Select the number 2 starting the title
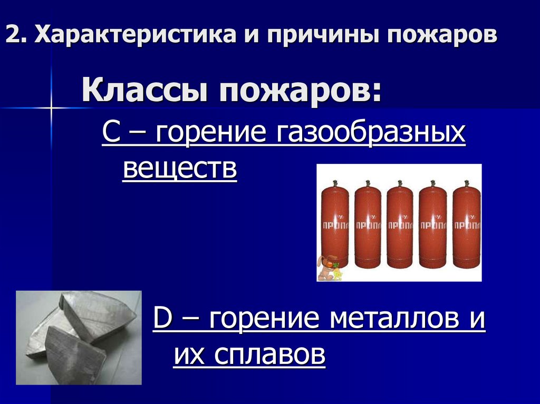point(13,36)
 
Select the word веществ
point(179,169)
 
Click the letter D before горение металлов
point(161,320)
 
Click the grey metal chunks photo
point(79,337)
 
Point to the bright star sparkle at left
point(52,108)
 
